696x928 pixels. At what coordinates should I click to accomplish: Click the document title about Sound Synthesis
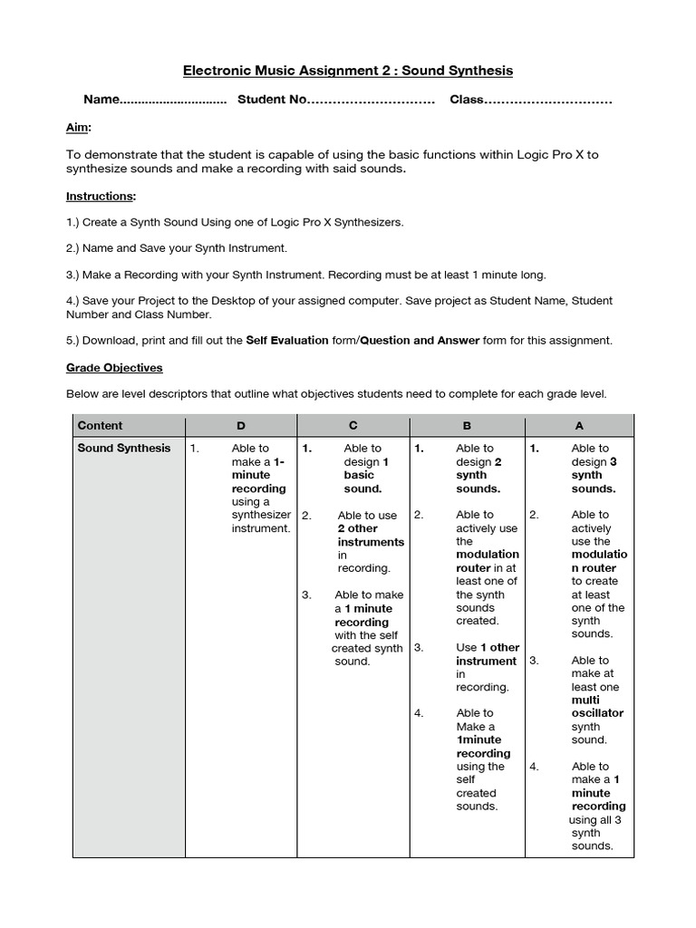click(x=348, y=70)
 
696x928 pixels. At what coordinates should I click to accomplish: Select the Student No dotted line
click(x=372, y=101)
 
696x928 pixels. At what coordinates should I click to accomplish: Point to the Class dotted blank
click(x=549, y=101)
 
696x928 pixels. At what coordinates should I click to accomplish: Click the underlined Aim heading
click(x=78, y=129)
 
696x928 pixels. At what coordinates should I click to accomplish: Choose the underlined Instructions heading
click(x=101, y=196)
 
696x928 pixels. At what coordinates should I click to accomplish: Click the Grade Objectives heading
click(x=114, y=368)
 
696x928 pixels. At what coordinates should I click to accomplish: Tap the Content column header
click(x=100, y=425)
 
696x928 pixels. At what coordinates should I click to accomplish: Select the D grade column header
click(x=240, y=425)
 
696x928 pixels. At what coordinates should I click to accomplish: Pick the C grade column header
click(x=353, y=425)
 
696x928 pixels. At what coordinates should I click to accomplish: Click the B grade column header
click(x=467, y=425)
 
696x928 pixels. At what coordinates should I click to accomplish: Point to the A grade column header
click(x=579, y=425)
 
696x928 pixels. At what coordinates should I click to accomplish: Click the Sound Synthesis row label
click(x=123, y=448)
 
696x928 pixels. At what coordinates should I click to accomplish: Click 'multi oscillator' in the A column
click(x=597, y=707)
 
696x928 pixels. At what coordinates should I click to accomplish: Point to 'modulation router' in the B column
click(x=488, y=561)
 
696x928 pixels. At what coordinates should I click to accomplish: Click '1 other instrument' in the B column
click(x=487, y=654)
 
